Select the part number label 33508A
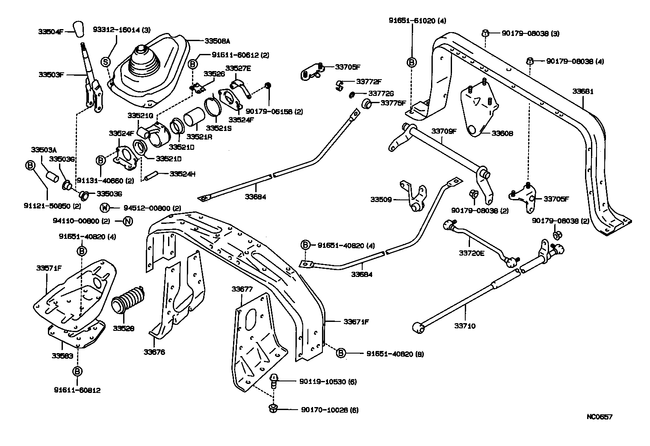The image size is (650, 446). pyautogui.click(x=217, y=41)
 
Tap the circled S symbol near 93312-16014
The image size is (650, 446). pyautogui.click(x=105, y=62)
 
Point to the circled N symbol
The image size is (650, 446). pyautogui.click(x=128, y=221)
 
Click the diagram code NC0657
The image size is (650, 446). pyautogui.click(x=599, y=416)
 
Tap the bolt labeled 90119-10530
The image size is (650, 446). pyautogui.click(x=274, y=380)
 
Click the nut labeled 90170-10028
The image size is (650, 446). pyautogui.click(x=273, y=408)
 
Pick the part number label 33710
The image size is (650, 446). pyautogui.click(x=465, y=326)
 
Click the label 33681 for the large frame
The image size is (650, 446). pyautogui.click(x=583, y=92)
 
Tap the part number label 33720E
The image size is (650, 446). pyautogui.click(x=472, y=253)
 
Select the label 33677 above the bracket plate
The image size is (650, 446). pyautogui.click(x=242, y=289)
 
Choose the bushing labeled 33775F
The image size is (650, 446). pyautogui.click(x=366, y=103)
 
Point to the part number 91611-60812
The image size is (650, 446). pyautogui.click(x=77, y=390)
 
